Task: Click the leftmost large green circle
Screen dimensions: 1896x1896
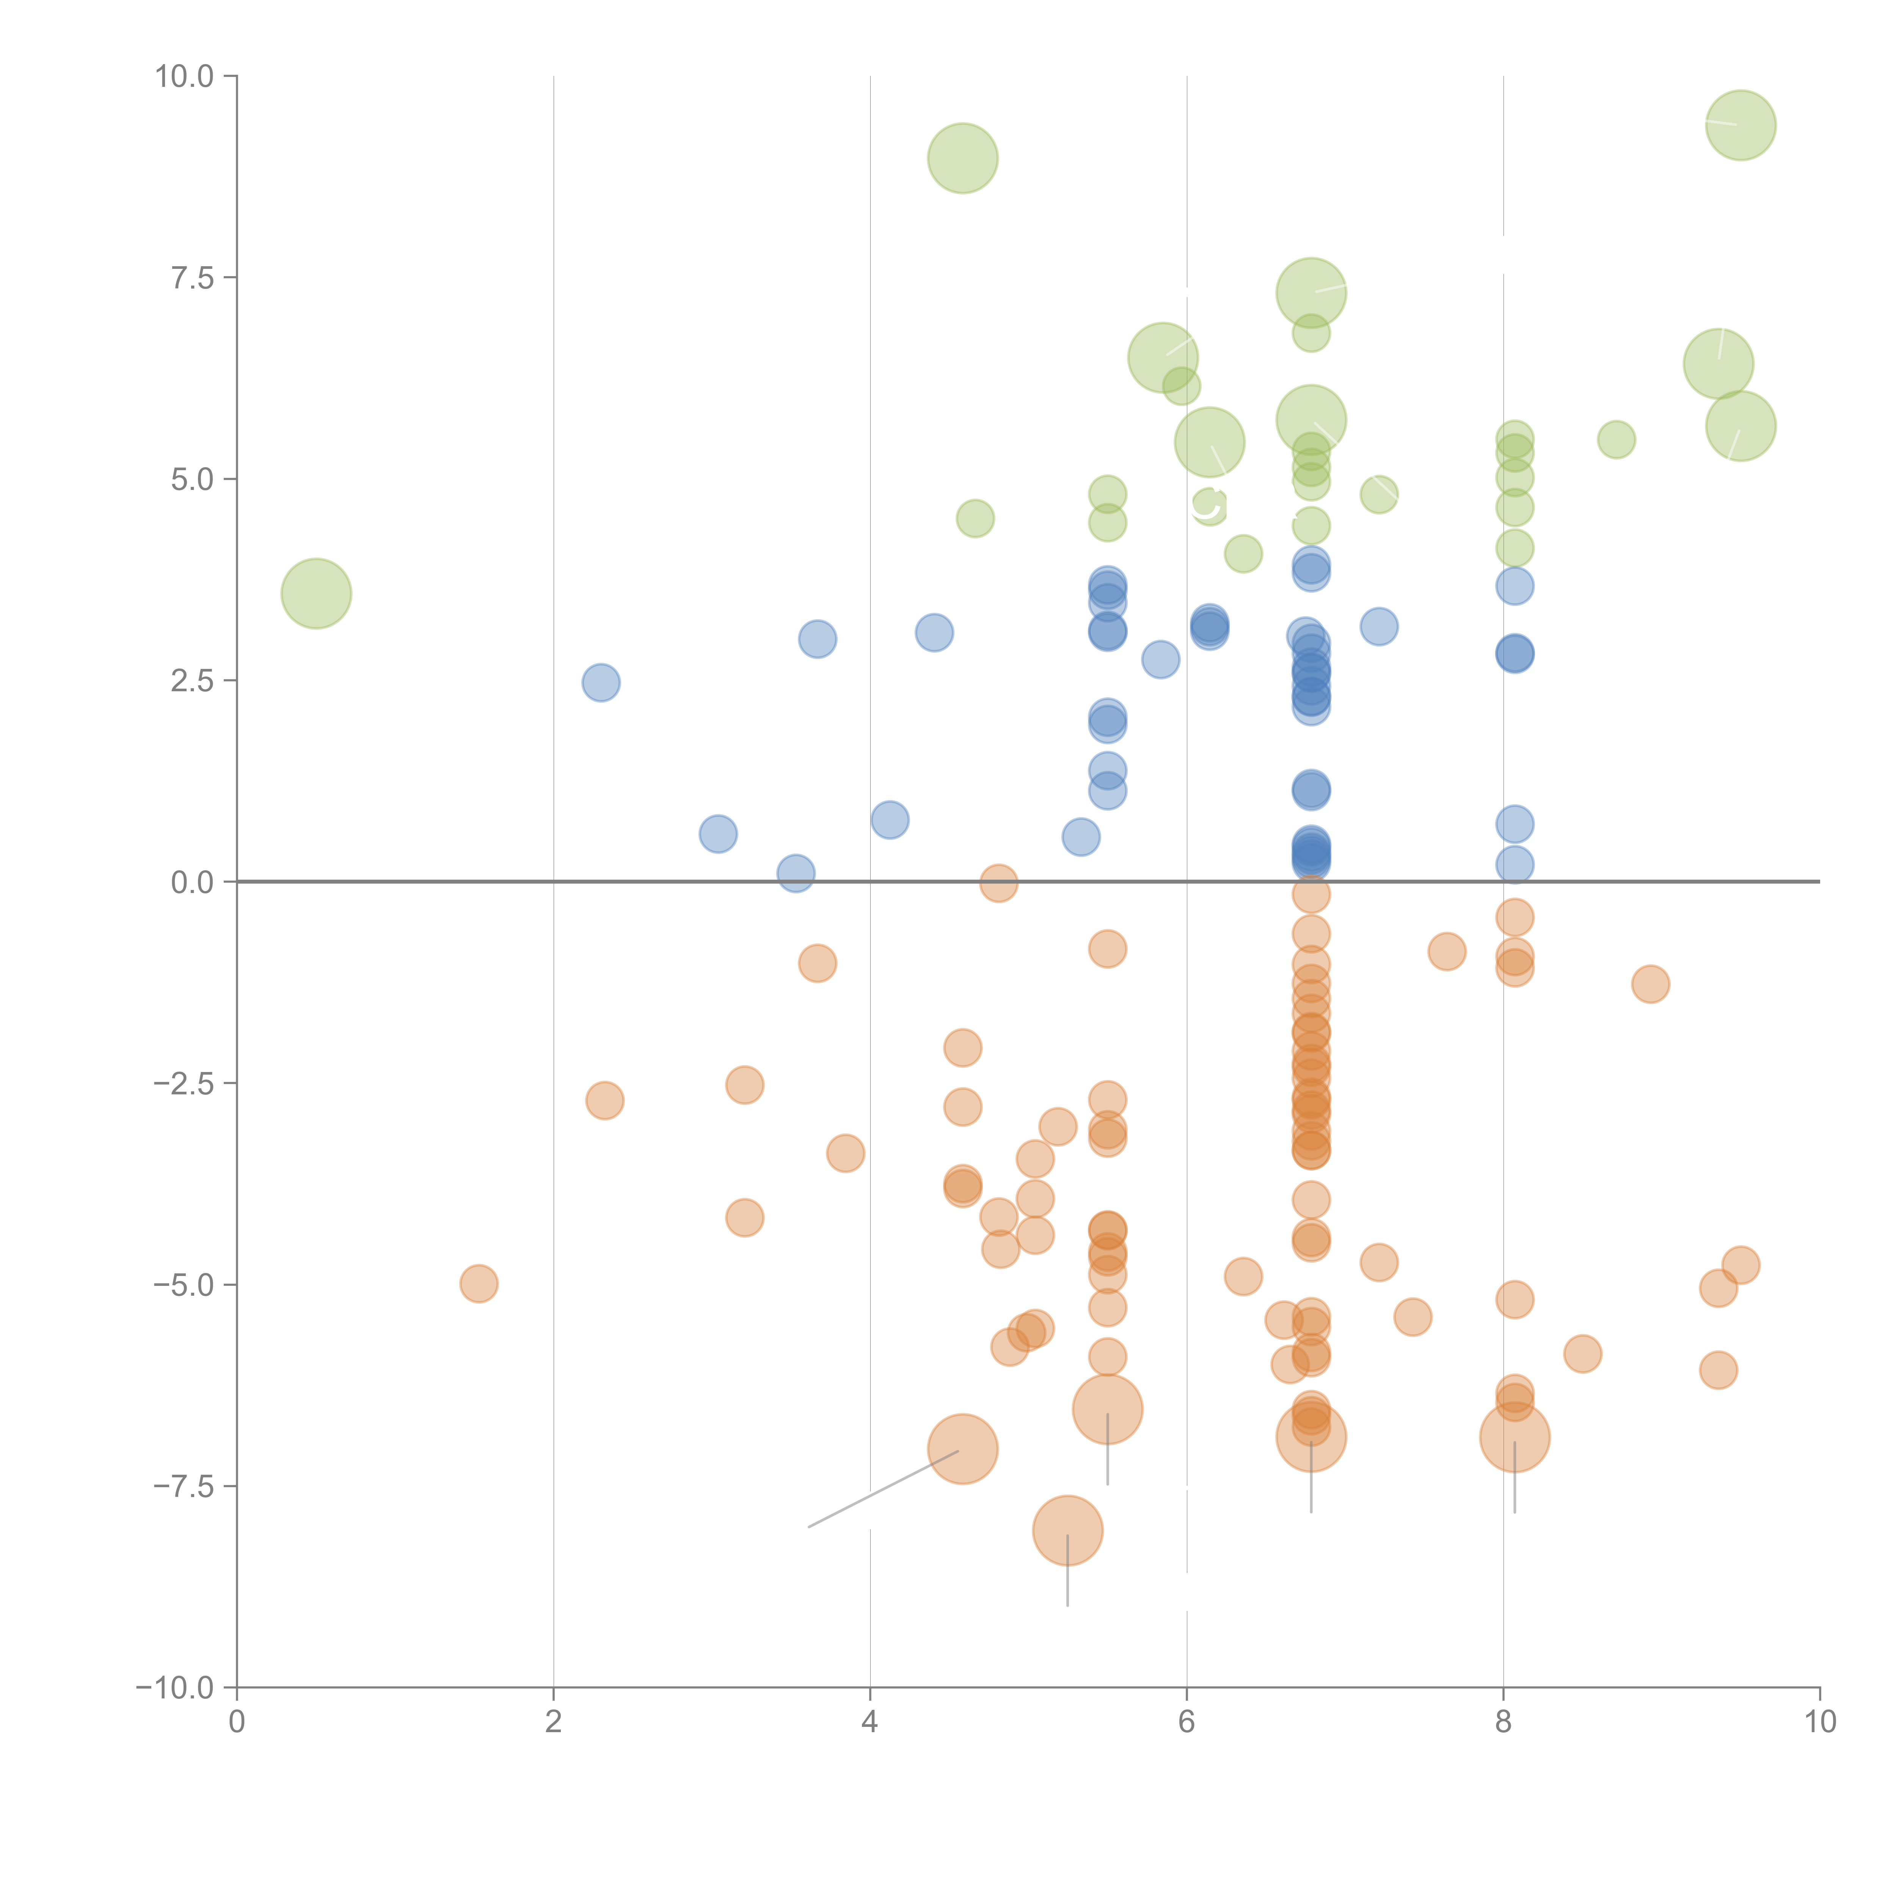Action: (316, 594)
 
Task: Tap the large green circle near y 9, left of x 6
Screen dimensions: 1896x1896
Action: (963, 158)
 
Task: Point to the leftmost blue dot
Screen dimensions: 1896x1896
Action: (601, 682)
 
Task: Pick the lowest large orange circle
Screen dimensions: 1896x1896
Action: (1068, 1530)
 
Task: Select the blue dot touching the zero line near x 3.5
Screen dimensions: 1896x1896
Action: (796, 873)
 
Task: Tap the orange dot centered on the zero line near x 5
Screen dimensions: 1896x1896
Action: (998, 883)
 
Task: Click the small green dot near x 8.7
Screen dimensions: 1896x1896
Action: (1616, 439)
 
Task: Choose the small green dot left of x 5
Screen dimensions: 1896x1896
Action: (975, 518)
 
